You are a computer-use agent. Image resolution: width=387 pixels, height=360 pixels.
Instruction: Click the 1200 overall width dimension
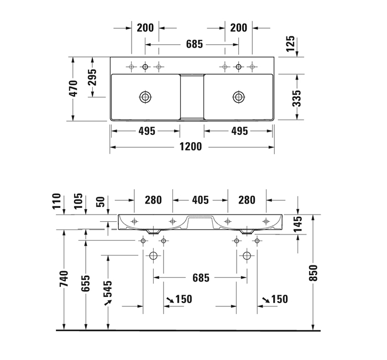tap(191, 147)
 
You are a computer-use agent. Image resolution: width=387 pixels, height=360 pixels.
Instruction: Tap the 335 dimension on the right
tap(296, 98)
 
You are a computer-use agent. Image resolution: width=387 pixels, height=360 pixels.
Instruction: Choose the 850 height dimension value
tap(313, 272)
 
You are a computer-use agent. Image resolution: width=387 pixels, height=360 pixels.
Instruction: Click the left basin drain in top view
tap(145, 97)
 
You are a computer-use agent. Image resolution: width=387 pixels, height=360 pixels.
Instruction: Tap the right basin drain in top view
tap(238, 97)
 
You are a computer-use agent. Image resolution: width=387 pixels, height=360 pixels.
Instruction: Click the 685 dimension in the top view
tap(192, 44)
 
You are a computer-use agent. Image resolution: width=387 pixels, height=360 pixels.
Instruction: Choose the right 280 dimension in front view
tap(247, 200)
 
